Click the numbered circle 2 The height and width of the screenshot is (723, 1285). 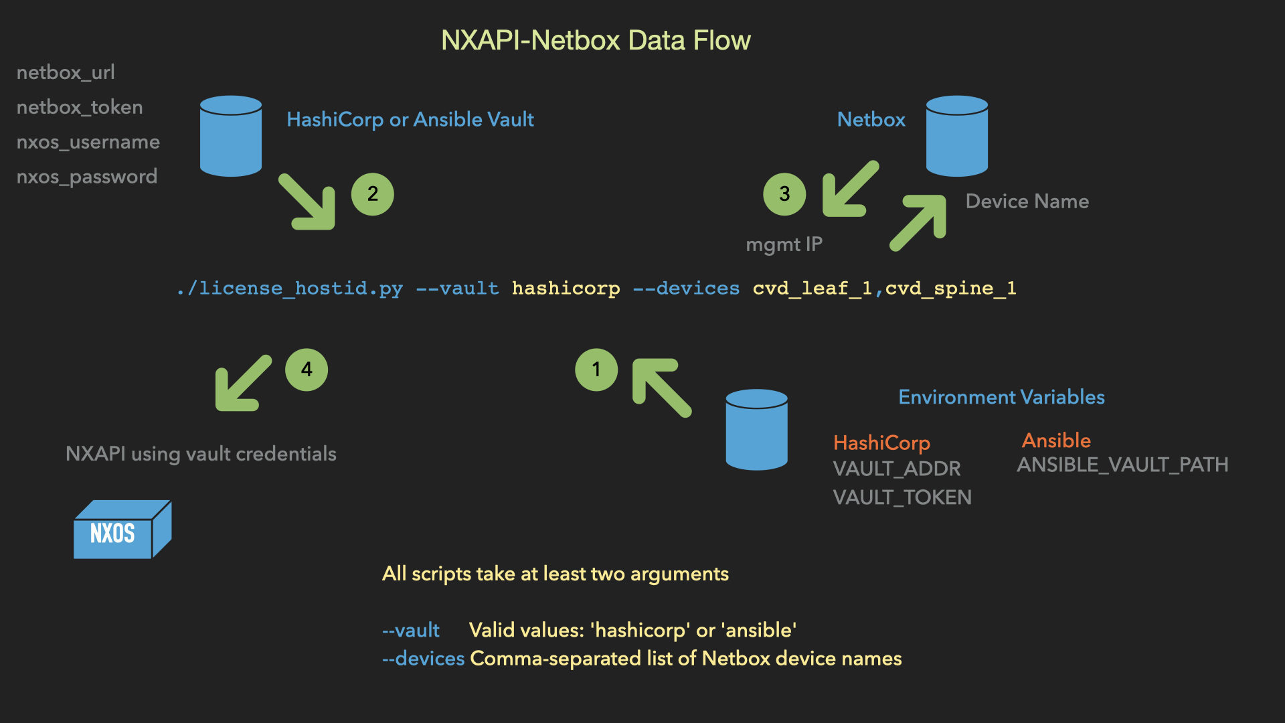372,194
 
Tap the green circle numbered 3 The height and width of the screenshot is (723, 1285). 784,194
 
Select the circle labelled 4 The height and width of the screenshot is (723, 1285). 307,370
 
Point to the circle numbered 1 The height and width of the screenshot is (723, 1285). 596,370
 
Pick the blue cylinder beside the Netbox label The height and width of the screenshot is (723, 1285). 956,136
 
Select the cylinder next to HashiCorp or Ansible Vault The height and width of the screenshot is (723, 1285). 231,136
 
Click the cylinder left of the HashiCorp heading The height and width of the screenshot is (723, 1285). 756,430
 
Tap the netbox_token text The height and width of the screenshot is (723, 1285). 80,107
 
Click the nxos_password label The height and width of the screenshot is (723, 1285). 87,177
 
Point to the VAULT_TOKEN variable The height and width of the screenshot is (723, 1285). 902,497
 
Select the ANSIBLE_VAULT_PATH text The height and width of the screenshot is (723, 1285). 1122,465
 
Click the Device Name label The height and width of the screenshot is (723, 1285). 1027,202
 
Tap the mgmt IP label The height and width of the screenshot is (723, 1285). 784,244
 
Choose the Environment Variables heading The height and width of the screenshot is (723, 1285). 1001,397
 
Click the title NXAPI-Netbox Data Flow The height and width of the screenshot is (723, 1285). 596,41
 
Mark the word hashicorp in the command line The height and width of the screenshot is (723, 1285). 566,289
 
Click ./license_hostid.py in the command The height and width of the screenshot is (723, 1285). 290,289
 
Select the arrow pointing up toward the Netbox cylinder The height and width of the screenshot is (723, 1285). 920,222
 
